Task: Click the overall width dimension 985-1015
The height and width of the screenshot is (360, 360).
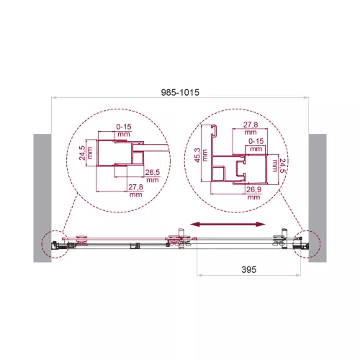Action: (179, 92)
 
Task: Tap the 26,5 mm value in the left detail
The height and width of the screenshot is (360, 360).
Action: (151, 176)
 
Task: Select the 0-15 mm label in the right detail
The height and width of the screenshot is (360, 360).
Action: (256, 145)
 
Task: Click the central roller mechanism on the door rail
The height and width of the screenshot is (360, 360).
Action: (178, 240)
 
